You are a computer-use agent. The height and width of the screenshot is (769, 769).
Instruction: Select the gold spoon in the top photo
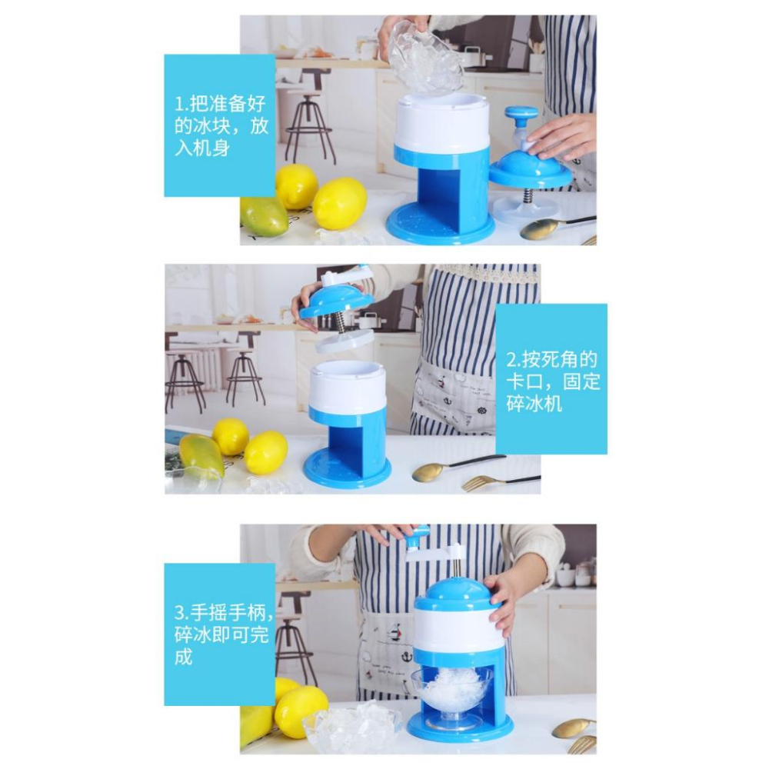(554, 228)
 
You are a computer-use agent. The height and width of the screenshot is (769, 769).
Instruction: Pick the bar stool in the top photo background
(308, 117)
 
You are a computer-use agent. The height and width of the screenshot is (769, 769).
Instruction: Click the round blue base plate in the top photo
(440, 225)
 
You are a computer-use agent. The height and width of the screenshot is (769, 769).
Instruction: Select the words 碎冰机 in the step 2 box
(534, 404)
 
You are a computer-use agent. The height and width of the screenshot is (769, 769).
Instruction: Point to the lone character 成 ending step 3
(184, 657)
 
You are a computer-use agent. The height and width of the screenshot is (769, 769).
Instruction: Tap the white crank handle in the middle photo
(346, 276)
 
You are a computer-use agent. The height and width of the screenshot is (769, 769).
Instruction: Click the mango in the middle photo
(201, 456)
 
